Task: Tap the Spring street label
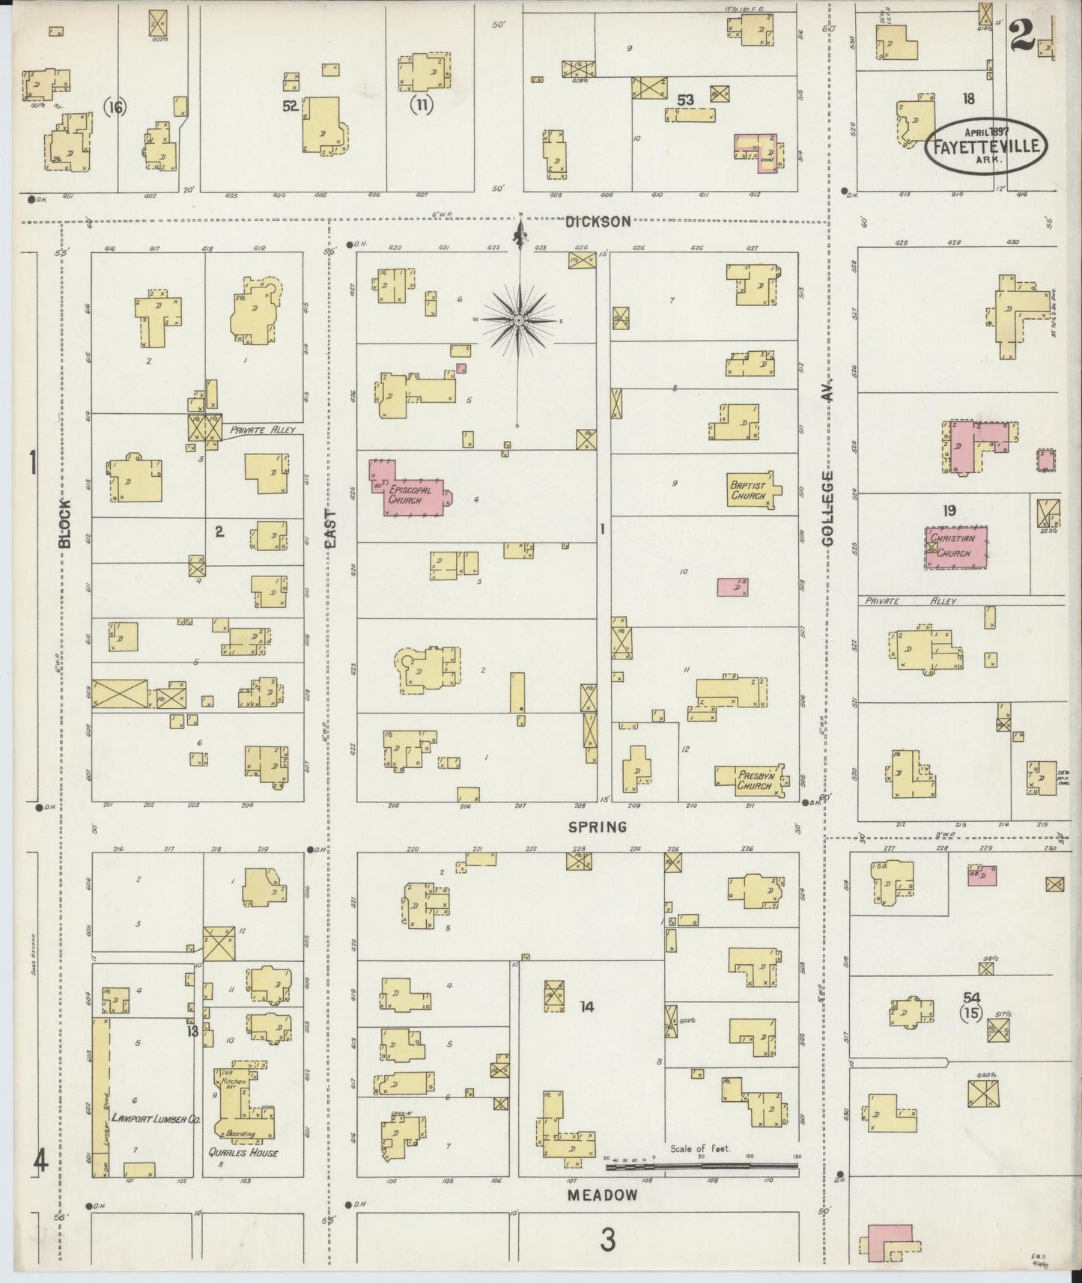[x=597, y=826]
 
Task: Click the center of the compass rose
[x=518, y=320]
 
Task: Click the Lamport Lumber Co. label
[x=155, y=1118]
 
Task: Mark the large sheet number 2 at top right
[x=1021, y=35]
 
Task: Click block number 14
[x=586, y=1007]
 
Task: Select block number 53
[x=685, y=100]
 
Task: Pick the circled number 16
[x=115, y=108]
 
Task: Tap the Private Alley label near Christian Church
[x=910, y=600]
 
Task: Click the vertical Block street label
[x=65, y=523]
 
